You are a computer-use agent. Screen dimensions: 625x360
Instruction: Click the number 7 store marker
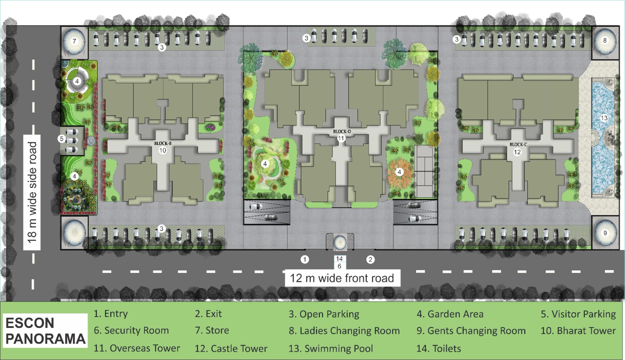click(74, 41)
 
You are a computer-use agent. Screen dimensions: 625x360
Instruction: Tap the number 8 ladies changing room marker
click(605, 41)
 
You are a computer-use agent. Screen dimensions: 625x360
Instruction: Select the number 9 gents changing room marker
click(605, 233)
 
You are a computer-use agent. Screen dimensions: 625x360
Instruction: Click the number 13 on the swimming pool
click(604, 118)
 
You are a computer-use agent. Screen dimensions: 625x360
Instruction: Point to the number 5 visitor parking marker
click(62, 138)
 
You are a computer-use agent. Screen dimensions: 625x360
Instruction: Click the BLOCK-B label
click(162, 143)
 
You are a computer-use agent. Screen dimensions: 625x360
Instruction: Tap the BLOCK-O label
click(341, 131)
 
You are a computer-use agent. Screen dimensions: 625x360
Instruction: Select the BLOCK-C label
click(518, 144)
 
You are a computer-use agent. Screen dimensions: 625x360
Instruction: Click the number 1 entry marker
click(305, 260)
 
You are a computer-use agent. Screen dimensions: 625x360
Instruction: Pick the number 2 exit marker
click(370, 260)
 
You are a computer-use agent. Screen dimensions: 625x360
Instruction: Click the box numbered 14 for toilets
click(339, 259)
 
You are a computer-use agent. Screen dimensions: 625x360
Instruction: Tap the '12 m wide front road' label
click(342, 278)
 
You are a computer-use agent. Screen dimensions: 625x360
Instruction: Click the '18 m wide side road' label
click(32, 192)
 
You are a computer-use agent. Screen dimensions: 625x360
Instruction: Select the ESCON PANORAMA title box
click(45, 331)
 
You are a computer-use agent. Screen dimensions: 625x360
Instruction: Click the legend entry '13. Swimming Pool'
click(330, 349)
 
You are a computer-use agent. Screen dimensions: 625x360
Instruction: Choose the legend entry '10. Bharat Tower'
click(578, 331)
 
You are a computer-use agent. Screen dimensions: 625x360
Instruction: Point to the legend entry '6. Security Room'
click(131, 330)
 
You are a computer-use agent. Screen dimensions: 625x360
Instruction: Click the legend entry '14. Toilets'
click(439, 349)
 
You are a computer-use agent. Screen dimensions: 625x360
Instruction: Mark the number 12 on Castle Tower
click(517, 152)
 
